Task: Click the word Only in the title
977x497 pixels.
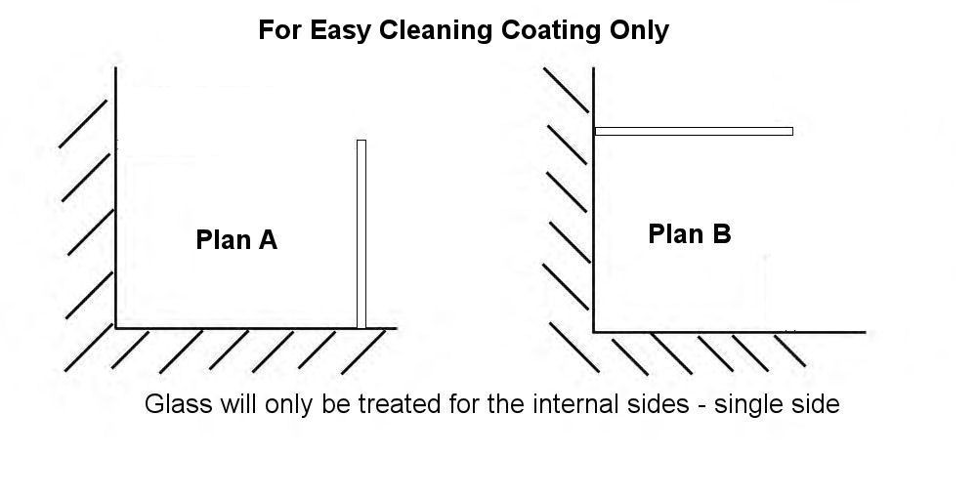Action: tap(639, 30)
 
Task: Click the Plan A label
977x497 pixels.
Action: tap(236, 240)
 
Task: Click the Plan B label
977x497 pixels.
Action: tap(689, 234)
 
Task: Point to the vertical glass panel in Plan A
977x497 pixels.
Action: tap(361, 234)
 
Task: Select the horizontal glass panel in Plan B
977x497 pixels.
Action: tap(694, 132)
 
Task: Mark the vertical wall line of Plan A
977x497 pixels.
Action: tap(116, 197)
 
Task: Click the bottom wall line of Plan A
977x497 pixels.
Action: tap(256, 328)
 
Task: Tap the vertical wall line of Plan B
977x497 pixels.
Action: tap(593, 200)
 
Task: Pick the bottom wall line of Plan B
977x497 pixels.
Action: tap(730, 332)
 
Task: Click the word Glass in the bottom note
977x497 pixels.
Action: tap(178, 404)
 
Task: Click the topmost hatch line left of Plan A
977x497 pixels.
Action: tap(83, 123)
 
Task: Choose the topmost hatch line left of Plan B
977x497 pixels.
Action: tap(566, 90)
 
